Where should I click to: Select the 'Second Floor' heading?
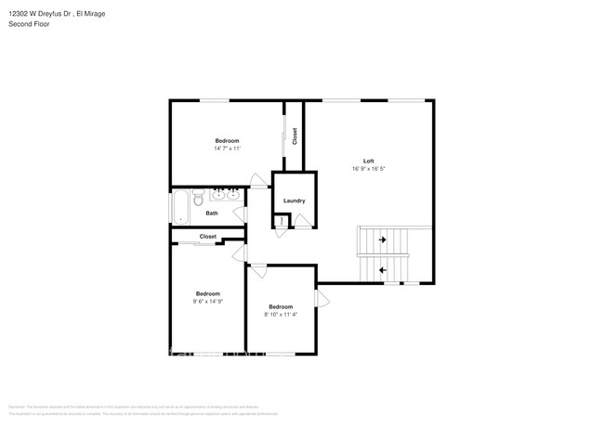coord(29,24)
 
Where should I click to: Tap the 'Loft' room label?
coord(368,161)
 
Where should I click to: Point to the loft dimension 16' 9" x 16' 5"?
coord(368,169)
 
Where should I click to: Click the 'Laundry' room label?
coord(294,201)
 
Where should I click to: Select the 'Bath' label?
coord(212,213)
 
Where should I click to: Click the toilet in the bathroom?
coord(197,199)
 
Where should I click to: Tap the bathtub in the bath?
coord(180,206)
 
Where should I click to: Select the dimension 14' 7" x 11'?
coord(228,149)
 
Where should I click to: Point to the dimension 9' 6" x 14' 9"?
coord(207,301)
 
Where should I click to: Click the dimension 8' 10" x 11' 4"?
coord(281,315)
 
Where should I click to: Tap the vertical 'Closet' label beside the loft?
coord(295,136)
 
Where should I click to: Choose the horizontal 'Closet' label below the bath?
coord(208,237)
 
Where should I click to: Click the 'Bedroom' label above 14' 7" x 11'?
coord(228,140)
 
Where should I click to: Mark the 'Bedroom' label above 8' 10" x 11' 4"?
coord(281,306)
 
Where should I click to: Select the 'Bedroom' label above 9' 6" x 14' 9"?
coord(207,292)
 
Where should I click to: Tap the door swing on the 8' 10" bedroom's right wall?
coord(322,298)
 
